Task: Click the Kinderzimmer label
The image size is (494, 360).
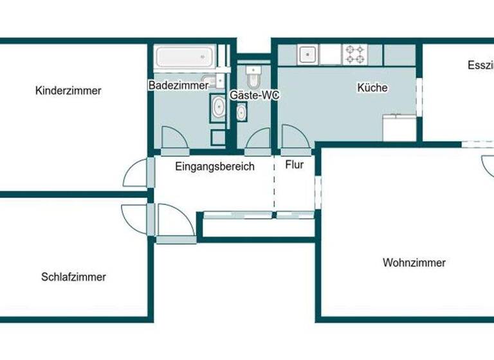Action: [68, 91]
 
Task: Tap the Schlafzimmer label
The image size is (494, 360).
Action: [73, 277]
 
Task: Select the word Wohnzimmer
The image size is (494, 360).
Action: [414, 262]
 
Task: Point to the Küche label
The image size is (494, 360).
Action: [372, 88]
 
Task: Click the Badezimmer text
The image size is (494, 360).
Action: [178, 85]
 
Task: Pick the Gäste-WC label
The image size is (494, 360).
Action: [255, 95]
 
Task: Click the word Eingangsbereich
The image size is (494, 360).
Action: [215, 166]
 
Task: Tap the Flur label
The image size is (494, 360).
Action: [294, 165]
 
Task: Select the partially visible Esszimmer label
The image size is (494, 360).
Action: [480, 65]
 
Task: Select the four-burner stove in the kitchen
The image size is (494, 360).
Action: [354, 54]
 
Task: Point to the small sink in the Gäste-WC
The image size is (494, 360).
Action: [242, 114]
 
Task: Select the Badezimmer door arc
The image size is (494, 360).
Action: [172, 138]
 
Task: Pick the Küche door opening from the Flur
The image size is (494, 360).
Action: [294, 139]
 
